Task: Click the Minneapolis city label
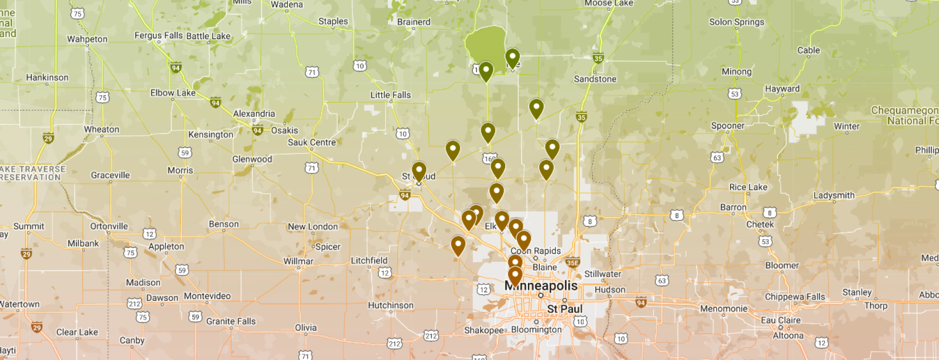pos(541,286)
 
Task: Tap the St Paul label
pos(564,309)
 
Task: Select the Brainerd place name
pos(413,22)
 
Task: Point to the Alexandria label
pos(254,114)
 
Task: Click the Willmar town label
pos(298,261)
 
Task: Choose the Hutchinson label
pos(390,305)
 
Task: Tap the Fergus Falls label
pos(158,35)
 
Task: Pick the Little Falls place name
pos(391,95)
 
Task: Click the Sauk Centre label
pos(311,142)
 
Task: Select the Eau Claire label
pos(781,320)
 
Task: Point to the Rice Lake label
pos(748,187)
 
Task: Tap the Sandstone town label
pos(595,79)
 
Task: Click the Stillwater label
pos(603,274)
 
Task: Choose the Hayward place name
pos(782,88)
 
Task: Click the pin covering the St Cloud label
pos(419,171)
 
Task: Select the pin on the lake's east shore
pos(512,58)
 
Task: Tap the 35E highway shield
pos(573,263)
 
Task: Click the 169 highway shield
pos(489,158)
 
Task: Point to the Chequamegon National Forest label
pos(905,116)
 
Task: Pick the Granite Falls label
pos(231,321)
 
